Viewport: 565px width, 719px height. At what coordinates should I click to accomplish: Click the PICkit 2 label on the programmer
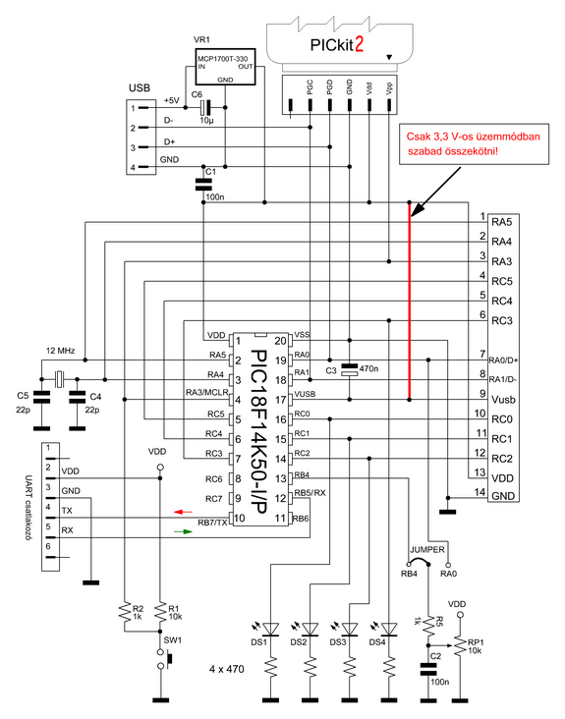[337, 45]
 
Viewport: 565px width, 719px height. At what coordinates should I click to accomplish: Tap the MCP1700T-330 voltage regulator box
[225, 68]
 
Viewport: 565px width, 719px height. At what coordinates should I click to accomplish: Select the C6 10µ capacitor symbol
[206, 108]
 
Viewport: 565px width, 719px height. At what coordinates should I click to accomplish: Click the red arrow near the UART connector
[183, 512]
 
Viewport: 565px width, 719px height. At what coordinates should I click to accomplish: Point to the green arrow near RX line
[183, 531]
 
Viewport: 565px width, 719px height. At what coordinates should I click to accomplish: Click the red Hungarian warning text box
[475, 143]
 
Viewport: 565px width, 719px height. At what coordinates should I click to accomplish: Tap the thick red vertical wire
[410, 301]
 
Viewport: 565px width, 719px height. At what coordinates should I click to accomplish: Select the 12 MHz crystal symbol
[59, 379]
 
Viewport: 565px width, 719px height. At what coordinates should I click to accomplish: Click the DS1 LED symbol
[271, 629]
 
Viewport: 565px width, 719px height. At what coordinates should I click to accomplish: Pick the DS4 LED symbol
[389, 629]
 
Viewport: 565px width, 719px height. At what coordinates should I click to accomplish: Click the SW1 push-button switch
[164, 658]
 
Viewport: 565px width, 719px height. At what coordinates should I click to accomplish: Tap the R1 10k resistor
[160, 612]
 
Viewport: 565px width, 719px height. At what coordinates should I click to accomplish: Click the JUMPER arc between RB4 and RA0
[419, 560]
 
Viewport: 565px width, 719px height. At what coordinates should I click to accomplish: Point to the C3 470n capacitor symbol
[350, 369]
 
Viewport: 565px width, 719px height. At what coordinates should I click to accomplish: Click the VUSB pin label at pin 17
[305, 394]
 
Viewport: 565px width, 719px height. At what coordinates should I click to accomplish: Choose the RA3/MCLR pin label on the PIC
[206, 393]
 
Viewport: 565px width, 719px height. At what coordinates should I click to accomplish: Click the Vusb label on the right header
[503, 400]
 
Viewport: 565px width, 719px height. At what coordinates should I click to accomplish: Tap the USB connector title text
[140, 87]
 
